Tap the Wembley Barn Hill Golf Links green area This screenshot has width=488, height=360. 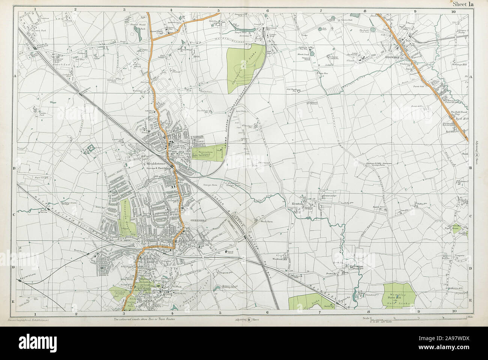pos(399,294)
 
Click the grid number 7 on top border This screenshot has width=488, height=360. pos(321,11)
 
